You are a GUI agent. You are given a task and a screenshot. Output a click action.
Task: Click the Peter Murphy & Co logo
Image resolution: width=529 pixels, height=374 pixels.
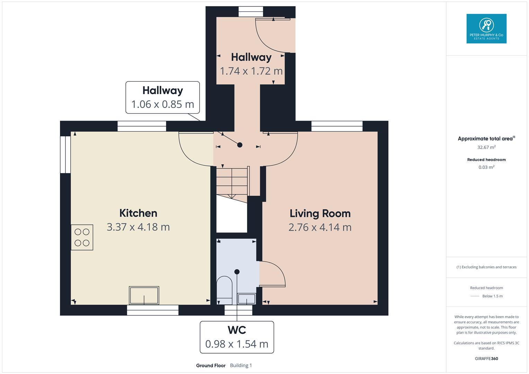coord(486,28)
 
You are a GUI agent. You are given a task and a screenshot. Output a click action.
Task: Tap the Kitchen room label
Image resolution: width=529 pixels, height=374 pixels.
coord(138,213)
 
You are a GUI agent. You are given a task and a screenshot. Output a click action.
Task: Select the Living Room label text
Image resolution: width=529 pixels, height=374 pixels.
coord(320,213)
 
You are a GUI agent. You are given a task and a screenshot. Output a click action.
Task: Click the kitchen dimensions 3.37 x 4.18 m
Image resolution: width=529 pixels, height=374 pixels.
coord(138,227)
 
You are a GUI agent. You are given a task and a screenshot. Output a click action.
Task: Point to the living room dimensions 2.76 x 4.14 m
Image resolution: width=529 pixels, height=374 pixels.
coord(320,228)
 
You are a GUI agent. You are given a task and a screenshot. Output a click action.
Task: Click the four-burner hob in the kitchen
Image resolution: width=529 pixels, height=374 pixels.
coord(82,237)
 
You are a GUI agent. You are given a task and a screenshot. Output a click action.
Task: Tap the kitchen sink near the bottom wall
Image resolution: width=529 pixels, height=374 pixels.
coord(144,295)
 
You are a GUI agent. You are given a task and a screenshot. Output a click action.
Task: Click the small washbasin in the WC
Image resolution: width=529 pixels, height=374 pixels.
coord(246,299)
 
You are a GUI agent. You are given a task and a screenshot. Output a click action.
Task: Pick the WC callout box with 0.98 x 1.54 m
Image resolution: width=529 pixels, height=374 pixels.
coord(237,337)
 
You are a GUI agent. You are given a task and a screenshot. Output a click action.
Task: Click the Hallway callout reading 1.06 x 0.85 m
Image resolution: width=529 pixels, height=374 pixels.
coord(162,97)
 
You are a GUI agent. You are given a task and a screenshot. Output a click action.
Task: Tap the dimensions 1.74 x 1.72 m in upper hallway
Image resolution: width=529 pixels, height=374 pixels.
coord(252,71)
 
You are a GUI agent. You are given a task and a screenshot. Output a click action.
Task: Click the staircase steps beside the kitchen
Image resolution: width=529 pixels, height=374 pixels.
coord(232,182)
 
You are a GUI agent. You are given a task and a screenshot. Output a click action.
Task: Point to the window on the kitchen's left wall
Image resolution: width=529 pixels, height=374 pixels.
coord(65,154)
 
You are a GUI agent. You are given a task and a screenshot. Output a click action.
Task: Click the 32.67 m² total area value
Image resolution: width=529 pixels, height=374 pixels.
coord(486,147)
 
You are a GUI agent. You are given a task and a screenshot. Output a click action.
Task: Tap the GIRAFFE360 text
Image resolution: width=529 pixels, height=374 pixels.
coord(486,358)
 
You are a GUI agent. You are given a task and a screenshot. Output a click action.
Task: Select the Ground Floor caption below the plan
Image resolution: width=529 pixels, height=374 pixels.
coord(211,365)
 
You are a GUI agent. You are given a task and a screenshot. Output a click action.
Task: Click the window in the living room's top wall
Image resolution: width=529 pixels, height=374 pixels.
coord(337,126)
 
